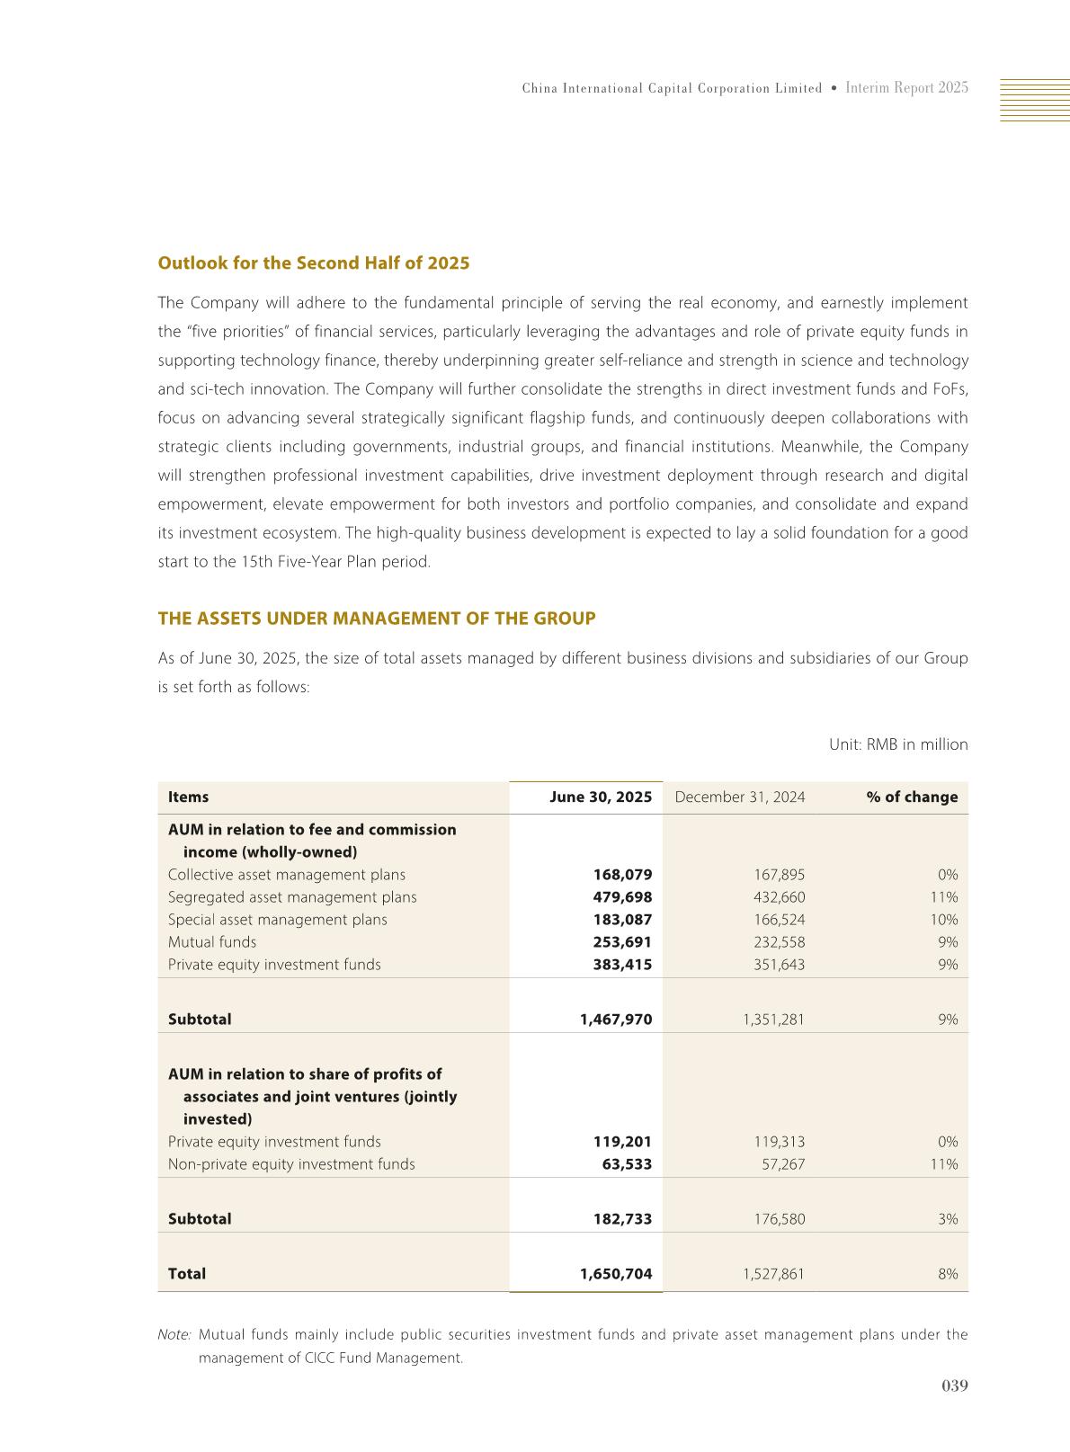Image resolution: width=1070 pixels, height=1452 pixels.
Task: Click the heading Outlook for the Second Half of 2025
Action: point(313,263)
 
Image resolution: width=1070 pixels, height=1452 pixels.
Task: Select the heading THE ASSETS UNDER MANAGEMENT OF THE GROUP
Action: point(376,619)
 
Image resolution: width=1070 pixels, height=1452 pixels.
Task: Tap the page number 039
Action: point(954,1386)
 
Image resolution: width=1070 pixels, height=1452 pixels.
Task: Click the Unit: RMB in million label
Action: point(897,744)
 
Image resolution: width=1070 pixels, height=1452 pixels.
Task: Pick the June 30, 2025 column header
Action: point(601,797)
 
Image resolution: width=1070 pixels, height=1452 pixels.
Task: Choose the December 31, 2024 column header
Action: point(739,797)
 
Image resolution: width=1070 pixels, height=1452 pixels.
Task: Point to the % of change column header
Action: point(912,797)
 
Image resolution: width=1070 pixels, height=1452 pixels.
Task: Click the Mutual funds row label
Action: point(212,942)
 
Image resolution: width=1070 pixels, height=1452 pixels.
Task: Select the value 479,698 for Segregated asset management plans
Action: point(622,897)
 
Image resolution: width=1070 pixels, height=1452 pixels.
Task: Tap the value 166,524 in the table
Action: point(780,920)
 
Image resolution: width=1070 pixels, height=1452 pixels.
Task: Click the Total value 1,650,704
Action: point(616,1274)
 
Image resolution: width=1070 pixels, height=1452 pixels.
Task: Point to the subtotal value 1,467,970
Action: point(616,1020)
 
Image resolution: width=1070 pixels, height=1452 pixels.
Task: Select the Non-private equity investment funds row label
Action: point(291,1164)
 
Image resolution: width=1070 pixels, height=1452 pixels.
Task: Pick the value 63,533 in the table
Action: point(627,1164)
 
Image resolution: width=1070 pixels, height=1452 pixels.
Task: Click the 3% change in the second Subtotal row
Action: point(948,1219)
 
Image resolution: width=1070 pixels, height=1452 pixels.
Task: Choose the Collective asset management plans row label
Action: point(286,875)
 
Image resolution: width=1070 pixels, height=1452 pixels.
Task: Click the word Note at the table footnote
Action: point(174,1335)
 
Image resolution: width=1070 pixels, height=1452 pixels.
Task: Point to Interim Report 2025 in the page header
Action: point(906,88)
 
